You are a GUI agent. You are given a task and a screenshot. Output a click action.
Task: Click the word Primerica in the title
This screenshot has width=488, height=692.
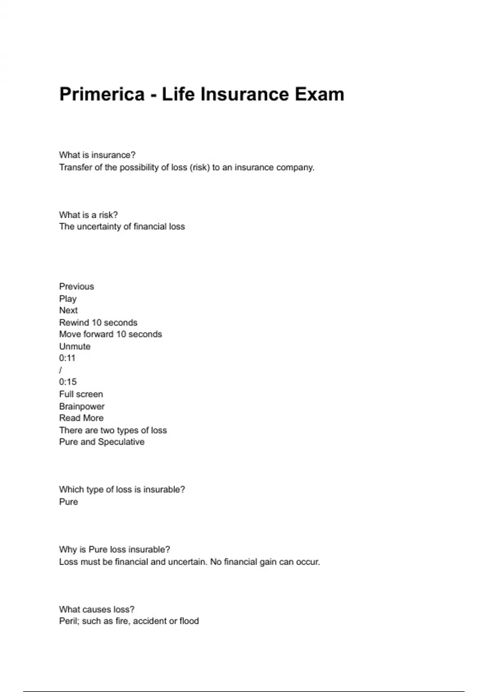(102, 94)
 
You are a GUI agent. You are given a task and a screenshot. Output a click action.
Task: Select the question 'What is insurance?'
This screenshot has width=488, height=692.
(97, 155)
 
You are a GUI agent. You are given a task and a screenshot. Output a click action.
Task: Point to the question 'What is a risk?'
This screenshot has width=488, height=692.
(88, 215)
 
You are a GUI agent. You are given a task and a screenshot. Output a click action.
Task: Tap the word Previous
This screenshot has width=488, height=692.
(76, 287)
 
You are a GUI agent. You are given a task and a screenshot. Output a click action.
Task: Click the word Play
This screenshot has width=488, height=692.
(68, 299)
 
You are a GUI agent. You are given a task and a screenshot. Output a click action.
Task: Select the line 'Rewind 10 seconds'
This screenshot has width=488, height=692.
(98, 323)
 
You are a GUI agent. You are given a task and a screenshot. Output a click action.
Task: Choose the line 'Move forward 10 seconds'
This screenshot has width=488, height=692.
(110, 334)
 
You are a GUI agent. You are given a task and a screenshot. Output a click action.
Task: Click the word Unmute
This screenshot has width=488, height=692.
(75, 346)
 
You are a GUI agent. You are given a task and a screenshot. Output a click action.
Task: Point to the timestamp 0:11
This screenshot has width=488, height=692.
(67, 358)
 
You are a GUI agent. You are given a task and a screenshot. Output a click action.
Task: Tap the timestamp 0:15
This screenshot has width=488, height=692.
(68, 382)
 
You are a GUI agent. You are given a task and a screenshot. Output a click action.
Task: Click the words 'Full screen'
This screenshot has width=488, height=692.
(81, 394)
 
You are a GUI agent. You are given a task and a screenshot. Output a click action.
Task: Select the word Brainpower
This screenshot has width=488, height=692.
(82, 406)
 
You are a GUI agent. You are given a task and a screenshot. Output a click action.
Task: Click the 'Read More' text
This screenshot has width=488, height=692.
(81, 418)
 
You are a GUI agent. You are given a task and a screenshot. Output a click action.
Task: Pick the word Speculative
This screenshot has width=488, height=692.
(121, 442)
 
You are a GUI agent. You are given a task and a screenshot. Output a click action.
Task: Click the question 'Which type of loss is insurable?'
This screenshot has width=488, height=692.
(122, 490)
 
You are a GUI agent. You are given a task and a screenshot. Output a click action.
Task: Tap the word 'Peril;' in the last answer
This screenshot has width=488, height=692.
(69, 621)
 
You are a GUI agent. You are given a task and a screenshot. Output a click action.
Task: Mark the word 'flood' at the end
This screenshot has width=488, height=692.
(189, 621)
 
